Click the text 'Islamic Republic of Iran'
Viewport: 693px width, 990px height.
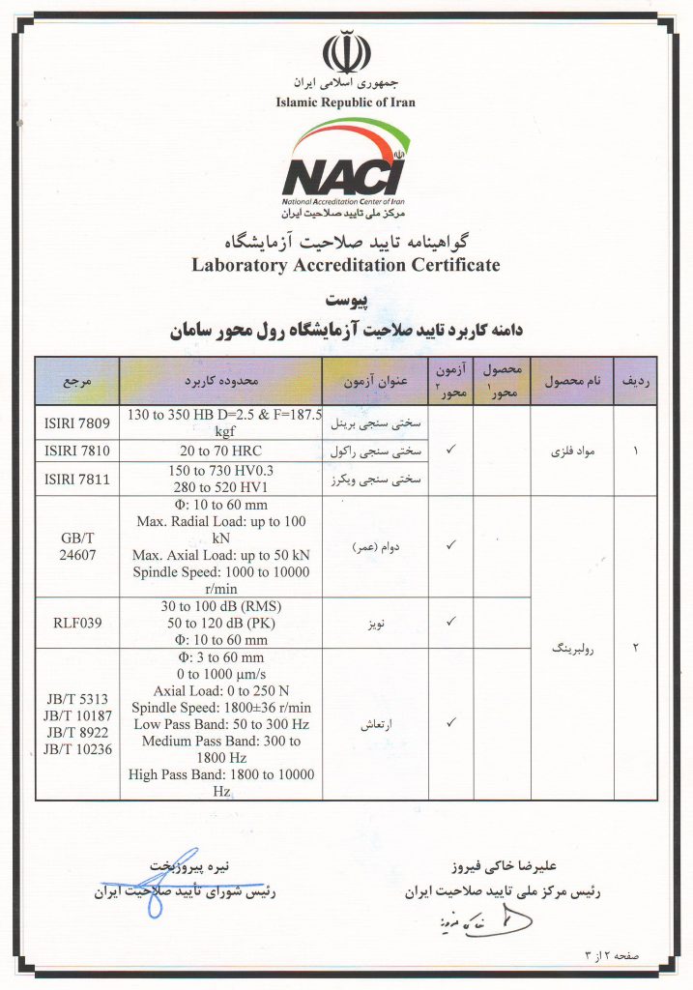[x=345, y=102]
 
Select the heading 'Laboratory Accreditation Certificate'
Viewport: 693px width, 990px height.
[x=345, y=264]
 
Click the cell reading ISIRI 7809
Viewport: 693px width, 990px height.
[x=76, y=422]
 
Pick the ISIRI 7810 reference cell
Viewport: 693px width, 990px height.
[x=76, y=451]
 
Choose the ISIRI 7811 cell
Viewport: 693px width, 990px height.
[x=76, y=479]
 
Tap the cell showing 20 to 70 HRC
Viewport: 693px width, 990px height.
[x=219, y=451]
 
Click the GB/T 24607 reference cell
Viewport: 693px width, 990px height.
[x=76, y=546]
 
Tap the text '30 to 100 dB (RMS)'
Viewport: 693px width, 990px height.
[x=219, y=606]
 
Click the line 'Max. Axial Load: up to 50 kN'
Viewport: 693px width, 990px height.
[x=219, y=555]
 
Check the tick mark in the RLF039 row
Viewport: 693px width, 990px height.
[x=450, y=622]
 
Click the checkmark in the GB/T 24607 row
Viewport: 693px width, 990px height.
[x=450, y=545]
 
